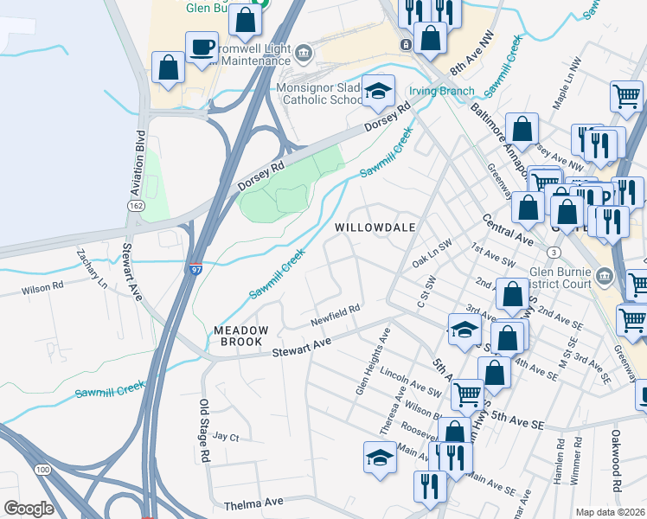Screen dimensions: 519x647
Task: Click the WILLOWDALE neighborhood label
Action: pyautogui.click(x=375, y=227)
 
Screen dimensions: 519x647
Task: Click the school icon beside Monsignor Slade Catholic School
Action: pyautogui.click(x=377, y=90)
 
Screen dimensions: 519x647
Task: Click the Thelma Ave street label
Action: pyautogui.click(x=253, y=503)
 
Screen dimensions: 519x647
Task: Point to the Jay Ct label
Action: pyautogui.click(x=225, y=438)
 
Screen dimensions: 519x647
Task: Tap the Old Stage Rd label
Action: pyautogui.click(x=204, y=430)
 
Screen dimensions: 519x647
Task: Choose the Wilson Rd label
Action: pyautogui.click(x=43, y=285)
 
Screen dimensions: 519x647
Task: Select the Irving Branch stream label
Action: pyautogui.click(x=442, y=92)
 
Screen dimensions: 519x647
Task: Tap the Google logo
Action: pyautogui.click(x=29, y=509)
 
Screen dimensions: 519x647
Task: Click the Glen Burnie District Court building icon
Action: pyautogui.click(x=604, y=277)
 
